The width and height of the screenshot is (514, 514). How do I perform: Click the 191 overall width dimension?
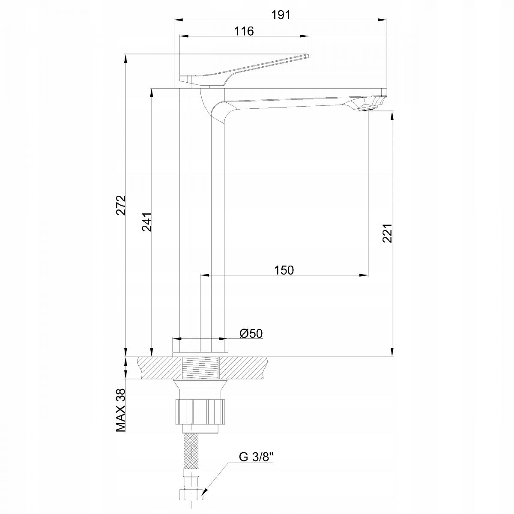[281, 15]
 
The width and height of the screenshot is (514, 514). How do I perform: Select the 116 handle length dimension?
[244, 31]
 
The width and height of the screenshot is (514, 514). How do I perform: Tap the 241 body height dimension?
[147, 222]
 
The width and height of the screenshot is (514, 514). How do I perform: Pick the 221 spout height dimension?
[387, 233]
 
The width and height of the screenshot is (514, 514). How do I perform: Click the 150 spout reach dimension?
[284, 270]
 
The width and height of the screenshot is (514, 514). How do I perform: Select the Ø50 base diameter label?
[251, 333]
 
